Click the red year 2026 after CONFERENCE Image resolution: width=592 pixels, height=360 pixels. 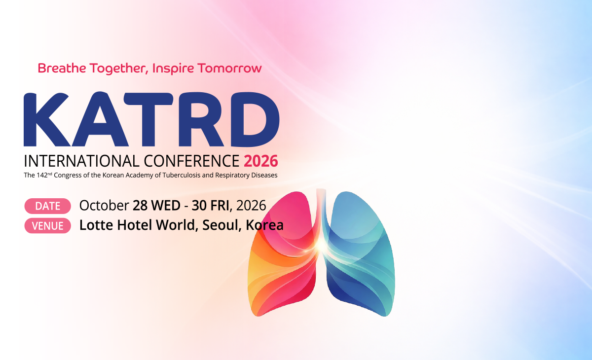pos(261,161)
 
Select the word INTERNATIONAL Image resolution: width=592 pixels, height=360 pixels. pos(81,161)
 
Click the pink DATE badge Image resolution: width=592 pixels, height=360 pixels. pos(48,206)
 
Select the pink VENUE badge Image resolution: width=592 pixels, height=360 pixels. pos(48,225)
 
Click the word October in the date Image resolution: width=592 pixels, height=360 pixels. pos(104,205)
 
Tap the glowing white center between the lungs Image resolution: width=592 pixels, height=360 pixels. pos(321,244)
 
